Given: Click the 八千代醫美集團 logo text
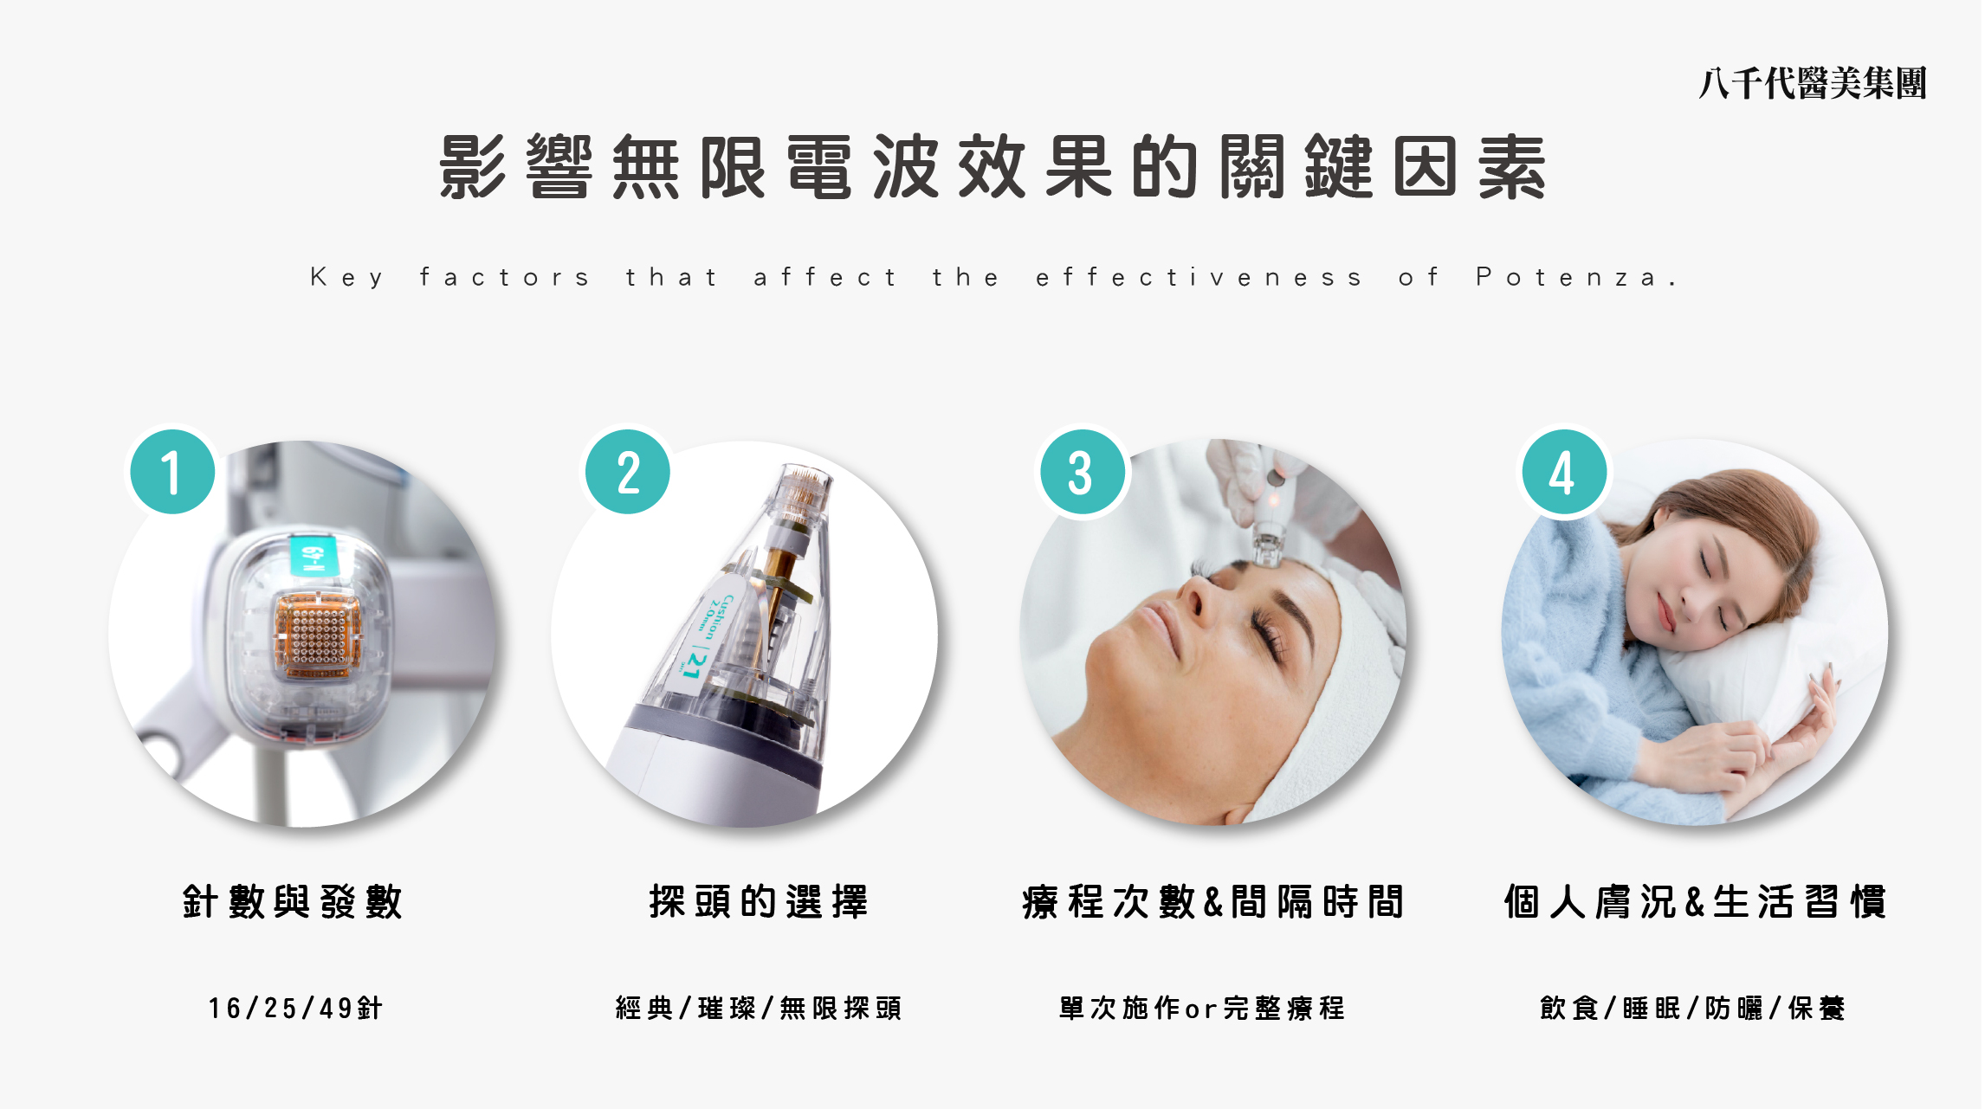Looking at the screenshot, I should click(1812, 84).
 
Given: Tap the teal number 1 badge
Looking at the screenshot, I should click(172, 472).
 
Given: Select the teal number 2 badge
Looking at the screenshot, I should click(628, 472).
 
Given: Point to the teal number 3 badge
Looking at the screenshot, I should click(1083, 472).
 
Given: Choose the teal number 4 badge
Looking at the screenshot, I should click(1564, 472).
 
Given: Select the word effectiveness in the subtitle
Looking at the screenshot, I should click(1199, 277).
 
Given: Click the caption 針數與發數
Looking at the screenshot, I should click(293, 901).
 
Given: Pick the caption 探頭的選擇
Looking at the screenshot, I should click(759, 901).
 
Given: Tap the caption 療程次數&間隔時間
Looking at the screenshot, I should click(1212, 901).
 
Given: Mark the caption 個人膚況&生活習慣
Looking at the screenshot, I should click(1695, 901).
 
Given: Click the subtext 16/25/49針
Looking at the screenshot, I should click(295, 1008).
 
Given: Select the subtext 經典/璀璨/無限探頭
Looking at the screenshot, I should click(759, 1008).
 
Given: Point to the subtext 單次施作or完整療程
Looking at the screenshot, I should click(1202, 1008).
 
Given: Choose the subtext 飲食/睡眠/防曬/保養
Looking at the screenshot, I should click(1692, 1008).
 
